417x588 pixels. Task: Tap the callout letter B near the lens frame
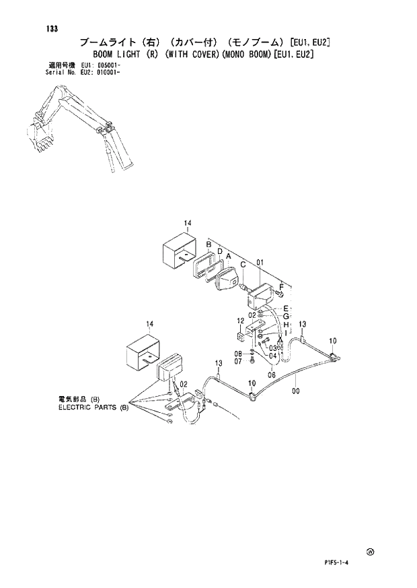[x=209, y=244]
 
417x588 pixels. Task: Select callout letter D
[x=219, y=251]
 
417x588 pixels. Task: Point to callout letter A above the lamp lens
[x=229, y=257]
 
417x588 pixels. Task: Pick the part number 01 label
[x=259, y=263]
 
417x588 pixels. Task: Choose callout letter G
[x=286, y=316]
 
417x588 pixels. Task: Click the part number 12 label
[x=240, y=321]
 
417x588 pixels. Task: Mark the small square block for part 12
[x=240, y=335]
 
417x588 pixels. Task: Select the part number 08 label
[x=238, y=354]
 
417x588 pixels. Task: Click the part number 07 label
[x=238, y=361]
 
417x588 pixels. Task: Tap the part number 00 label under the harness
[x=296, y=389]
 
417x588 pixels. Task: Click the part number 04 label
[x=273, y=356]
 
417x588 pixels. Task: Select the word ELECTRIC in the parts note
[x=74, y=407]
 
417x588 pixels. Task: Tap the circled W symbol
[x=370, y=552]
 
